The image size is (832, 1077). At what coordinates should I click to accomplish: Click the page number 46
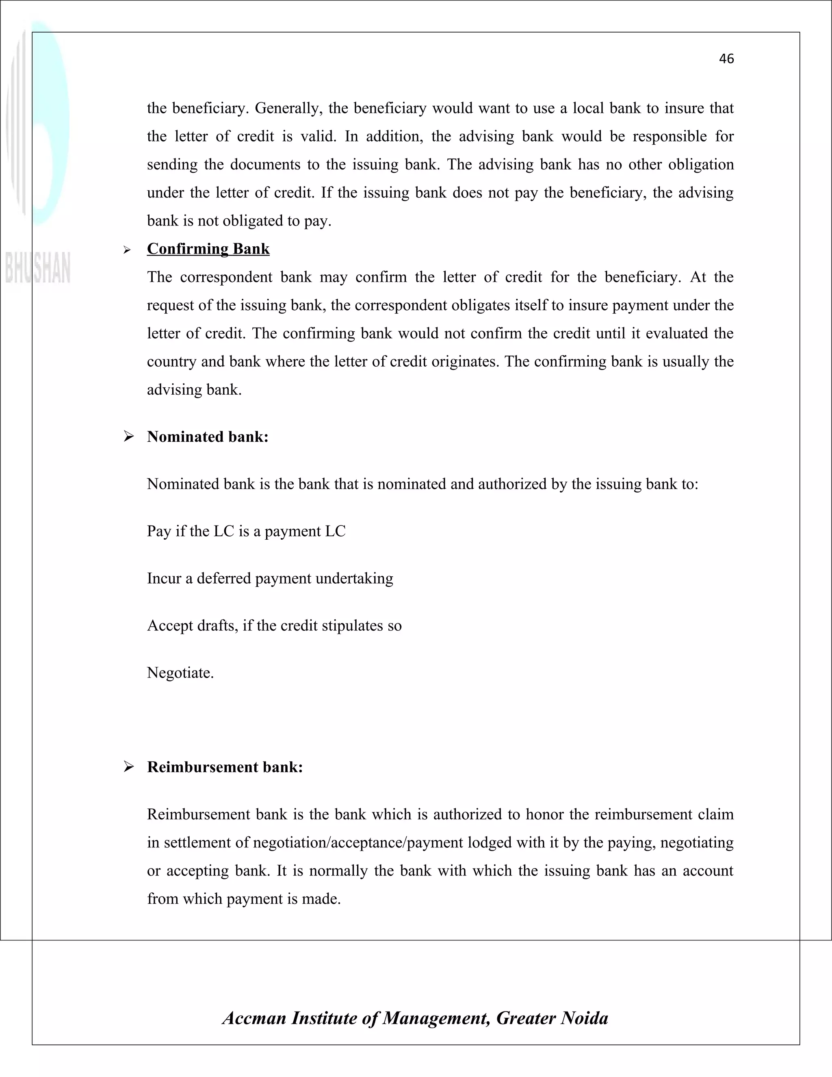click(x=726, y=59)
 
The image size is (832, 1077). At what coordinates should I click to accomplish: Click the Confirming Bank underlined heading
click(x=208, y=249)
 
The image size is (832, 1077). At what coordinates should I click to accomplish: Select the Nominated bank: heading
click(x=208, y=436)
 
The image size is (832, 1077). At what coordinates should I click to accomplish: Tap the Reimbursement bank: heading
click(x=225, y=767)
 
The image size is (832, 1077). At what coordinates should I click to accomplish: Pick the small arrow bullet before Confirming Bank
click(x=127, y=250)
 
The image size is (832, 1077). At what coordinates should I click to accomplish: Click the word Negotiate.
click(x=180, y=673)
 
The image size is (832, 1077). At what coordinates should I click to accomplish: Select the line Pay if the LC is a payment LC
click(x=246, y=531)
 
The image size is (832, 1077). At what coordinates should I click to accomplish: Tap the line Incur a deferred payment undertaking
click(x=270, y=578)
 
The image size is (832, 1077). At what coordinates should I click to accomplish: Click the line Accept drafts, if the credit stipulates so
click(x=274, y=625)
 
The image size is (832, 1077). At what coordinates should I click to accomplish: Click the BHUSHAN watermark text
click(x=38, y=268)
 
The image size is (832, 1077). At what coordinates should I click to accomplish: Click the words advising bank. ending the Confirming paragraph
click(x=194, y=390)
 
